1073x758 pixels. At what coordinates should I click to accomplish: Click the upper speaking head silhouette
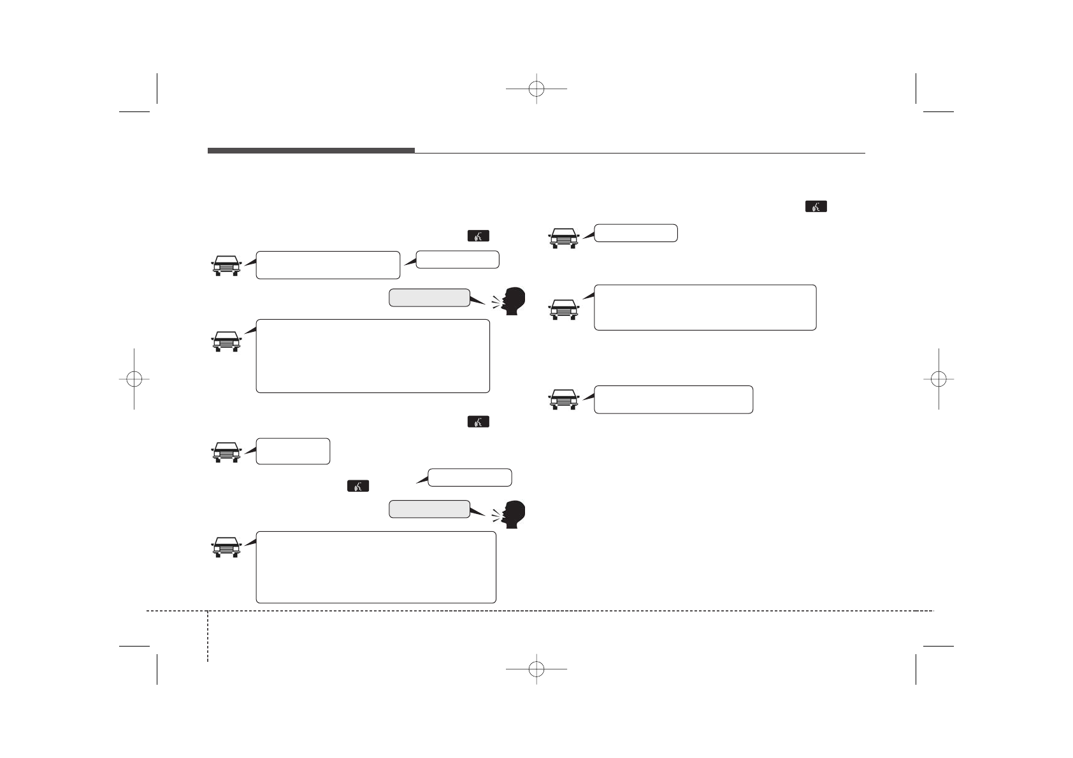pyautogui.click(x=513, y=301)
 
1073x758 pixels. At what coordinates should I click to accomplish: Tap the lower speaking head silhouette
pyautogui.click(x=513, y=514)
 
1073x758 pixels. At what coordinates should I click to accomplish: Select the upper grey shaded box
pyautogui.click(x=429, y=297)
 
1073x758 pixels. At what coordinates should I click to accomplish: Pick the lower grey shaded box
pyautogui.click(x=429, y=509)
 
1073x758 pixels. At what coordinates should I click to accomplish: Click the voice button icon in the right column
pyautogui.click(x=816, y=206)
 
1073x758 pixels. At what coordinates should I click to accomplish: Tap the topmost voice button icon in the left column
pyautogui.click(x=479, y=236)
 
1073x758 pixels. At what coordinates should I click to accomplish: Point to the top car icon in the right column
pyautogui.click(x=563, y=238)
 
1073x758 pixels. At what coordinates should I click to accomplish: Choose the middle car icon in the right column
pyautogui.click(x=563, y=310)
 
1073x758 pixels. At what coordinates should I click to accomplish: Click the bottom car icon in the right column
pyautogui.click(x=563, y=399)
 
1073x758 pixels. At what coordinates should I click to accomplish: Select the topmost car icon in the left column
pyautogui.click(x=226, y=266)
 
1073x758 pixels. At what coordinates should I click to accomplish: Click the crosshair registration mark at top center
pyautogui.click(x=536, y=89)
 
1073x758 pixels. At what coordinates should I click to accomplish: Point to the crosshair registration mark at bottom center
pyautogui.click(x=536, y=669)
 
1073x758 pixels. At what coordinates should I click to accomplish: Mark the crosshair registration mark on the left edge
pyautogui.click(x=134, y=378)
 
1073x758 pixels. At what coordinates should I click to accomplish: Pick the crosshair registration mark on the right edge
pyautogui.click(x=938, y=378)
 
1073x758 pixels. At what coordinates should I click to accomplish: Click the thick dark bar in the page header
pyautogui.click(x=311, y=150)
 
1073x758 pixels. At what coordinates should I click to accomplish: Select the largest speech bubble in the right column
pyautogui.click(x=705, y=308)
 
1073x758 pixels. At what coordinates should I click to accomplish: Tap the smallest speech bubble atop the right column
pyautogui.click(x=635, y=233)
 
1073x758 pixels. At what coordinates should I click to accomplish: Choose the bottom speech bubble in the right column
pyautogui.click(x=673, y=399)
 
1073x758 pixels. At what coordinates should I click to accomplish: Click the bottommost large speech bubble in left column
pyautogui.click(x=375, y=567)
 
